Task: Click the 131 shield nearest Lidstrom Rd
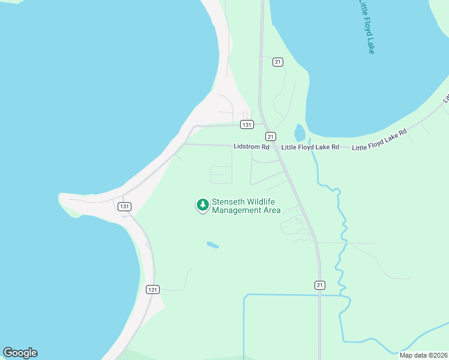(246, 125)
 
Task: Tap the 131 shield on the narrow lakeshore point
(124, 206)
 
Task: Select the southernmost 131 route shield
(152, 289)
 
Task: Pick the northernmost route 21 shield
(277, 62)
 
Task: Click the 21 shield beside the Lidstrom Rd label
(271, 136)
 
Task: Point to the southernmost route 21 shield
(320, 284)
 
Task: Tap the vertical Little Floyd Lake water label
(366, 27)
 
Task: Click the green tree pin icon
(203, 205)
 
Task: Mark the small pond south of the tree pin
(212, 245)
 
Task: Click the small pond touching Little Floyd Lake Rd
(300, 133)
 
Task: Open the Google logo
(20, 353)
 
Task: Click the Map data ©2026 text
(423, 355)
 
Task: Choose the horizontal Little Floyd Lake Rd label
(310, 147)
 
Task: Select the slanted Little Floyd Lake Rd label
(379, 140)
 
